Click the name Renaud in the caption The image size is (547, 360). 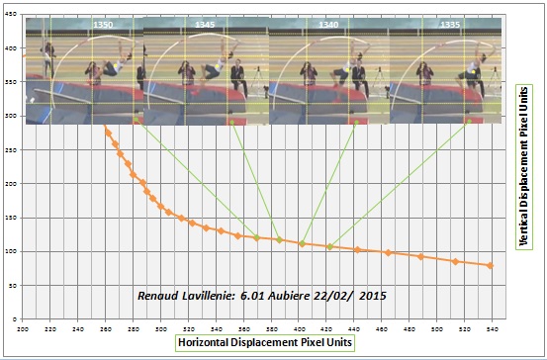point(160,297)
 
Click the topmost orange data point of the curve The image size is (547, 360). point(107,131)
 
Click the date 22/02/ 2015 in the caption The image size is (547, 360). point(355,297)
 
